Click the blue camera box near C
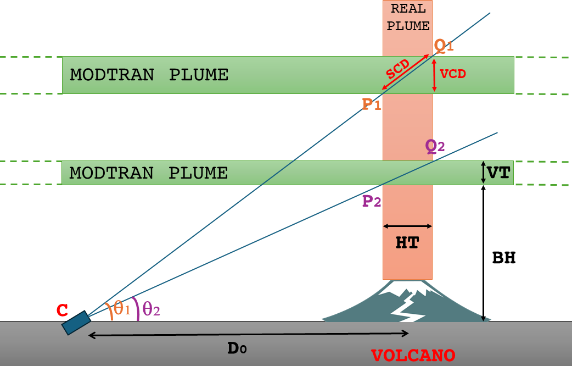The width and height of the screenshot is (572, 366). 76,323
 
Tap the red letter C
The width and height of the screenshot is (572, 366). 63,311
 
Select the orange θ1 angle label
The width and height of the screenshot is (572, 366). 121,309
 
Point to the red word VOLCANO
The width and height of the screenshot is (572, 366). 413,355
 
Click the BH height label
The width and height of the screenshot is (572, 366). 503,258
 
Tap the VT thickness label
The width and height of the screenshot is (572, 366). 498,173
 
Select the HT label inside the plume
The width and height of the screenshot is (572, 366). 407,242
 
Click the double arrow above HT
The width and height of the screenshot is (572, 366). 407,226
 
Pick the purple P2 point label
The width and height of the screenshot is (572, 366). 372,202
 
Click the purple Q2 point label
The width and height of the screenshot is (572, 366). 435,146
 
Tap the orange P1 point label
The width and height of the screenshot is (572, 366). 372,104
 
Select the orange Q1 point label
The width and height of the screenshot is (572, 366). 444,46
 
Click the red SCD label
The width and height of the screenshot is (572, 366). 396,70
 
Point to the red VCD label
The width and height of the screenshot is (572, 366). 453,74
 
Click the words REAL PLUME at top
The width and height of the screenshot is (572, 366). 407,17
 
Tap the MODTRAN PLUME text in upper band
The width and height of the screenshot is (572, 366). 149,75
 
